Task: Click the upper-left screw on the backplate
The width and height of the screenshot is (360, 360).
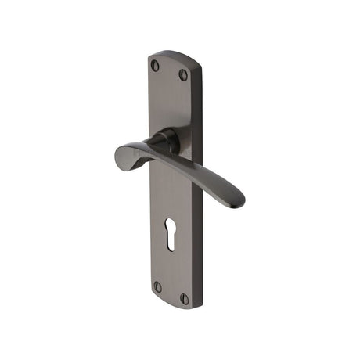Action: [154, 66]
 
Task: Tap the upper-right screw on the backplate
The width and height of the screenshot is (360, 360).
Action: [184, 75]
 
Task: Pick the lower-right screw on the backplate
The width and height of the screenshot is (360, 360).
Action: [185, 299]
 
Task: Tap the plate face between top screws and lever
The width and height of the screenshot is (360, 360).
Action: [168, 102]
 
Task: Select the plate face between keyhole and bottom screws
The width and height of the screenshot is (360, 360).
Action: [170, 270]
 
